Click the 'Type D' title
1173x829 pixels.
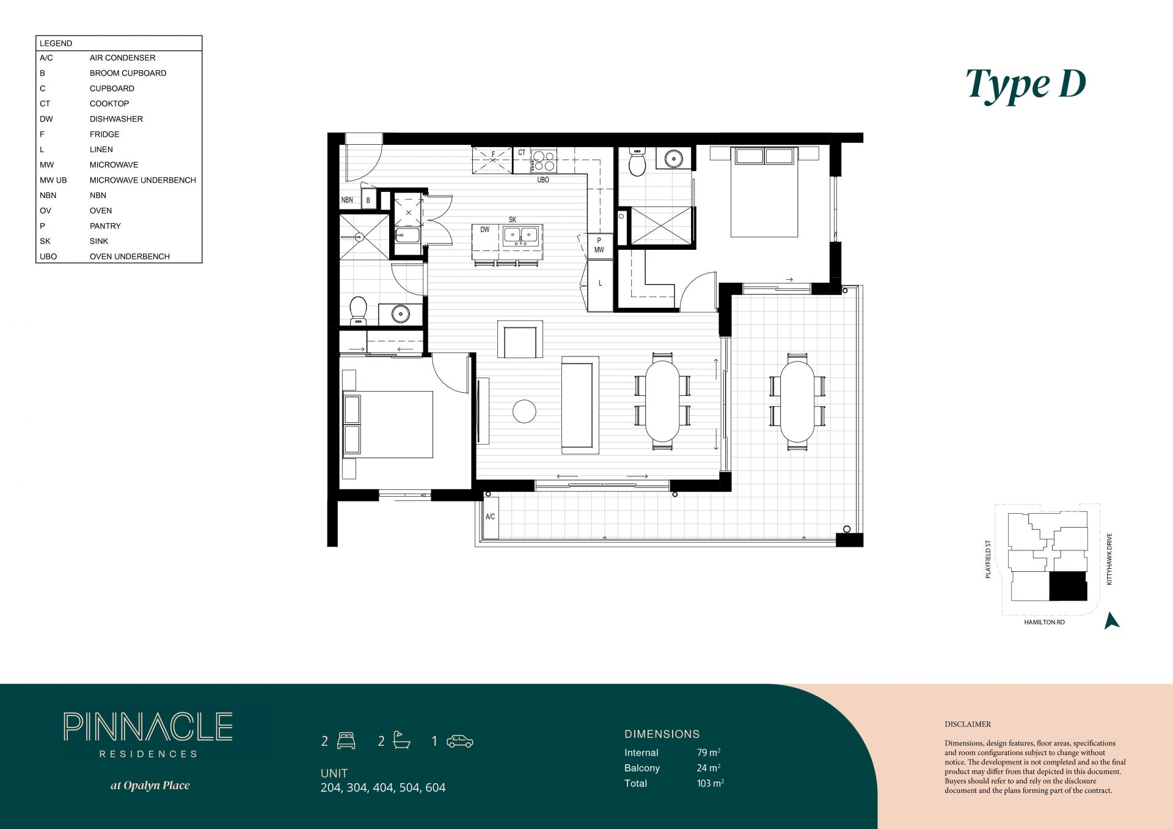1026,84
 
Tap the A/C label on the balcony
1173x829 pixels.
490,517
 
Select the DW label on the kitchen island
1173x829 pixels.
484,230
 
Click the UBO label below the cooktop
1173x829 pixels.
543,180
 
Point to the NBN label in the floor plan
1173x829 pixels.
347,200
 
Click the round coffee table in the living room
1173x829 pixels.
524,411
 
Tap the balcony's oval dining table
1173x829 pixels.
797,401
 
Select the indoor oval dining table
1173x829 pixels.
662,401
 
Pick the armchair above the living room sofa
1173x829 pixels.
520,340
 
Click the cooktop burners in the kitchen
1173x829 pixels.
543,161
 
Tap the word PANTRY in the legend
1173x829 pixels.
105,226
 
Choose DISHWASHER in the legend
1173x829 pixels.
116,119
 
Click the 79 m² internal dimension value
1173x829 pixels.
709,753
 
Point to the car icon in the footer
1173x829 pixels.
460,741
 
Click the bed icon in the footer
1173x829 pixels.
346,740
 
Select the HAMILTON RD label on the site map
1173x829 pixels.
1044,623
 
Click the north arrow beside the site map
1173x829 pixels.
1111,621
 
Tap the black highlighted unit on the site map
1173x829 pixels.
1068,586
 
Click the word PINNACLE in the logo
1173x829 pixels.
148,727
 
